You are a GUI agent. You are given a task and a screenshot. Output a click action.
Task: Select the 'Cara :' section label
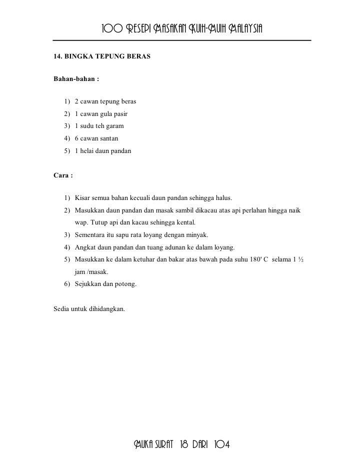63,175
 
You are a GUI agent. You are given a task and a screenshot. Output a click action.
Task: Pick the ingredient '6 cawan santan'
96,137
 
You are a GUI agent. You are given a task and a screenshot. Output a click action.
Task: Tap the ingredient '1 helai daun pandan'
102,149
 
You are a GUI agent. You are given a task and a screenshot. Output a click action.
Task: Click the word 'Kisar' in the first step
82,197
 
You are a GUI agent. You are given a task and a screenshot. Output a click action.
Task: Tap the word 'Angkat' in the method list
85,247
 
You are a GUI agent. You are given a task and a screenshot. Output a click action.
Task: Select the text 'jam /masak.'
91,272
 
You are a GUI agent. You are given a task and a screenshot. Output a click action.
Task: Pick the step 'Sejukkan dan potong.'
105,284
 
